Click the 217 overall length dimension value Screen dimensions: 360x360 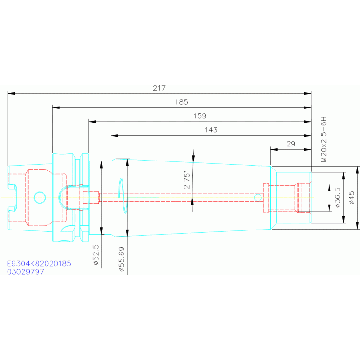(x=160, y=88)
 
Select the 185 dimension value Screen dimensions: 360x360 (x=182, y=102)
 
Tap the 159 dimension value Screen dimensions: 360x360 (x=200, y=115)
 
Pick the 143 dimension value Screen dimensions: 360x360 (x=211, y=130)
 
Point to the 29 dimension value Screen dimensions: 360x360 (x=291, y=144)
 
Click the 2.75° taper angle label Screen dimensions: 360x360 (x=187, y=180)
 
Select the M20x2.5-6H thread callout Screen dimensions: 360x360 (x=323, y=139)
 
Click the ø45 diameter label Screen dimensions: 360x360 (x=352, y=198)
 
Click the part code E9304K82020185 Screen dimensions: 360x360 (x=39, y=264)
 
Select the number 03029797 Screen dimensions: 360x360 (x=26, y=272)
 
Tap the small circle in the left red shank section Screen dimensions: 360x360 (x=39, y=197)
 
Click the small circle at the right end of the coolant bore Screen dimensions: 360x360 (x=258, y=197)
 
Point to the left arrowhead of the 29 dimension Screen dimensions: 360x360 (x=274, y=150)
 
